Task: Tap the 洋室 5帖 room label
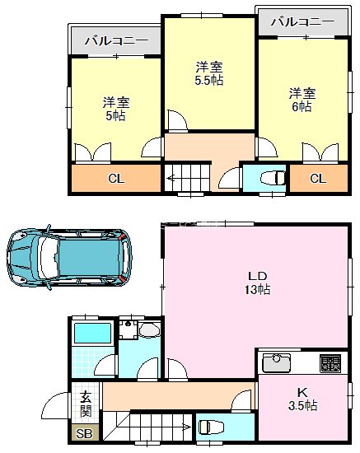point(115,109)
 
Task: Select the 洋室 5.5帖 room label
point(209,73)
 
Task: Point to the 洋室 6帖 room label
point(301,100)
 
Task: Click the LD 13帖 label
point(258,283)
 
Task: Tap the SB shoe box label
point(85,434)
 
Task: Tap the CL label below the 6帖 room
point(317,179)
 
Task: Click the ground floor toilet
point(210,427)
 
